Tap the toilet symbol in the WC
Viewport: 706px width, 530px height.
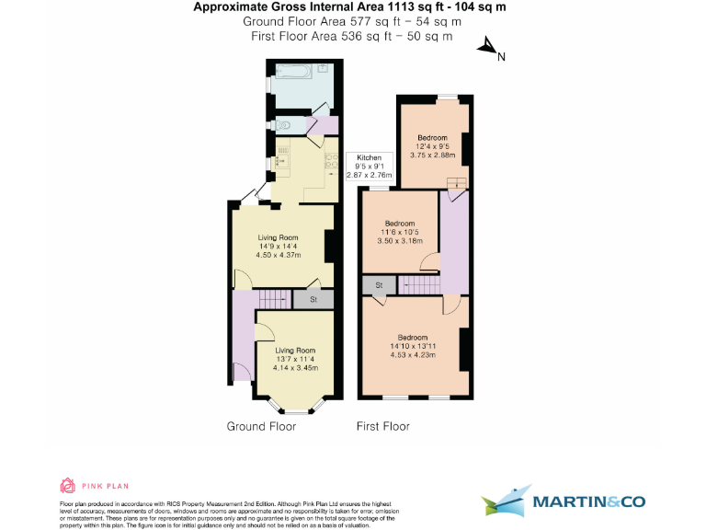(283, 123)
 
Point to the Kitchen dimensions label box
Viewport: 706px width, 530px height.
(369, 166)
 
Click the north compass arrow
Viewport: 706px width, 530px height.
(485, 47)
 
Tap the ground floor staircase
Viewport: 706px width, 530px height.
(272, 299)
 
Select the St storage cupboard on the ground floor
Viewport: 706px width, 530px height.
(313, 299)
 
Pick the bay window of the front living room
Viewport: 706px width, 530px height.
(295, 406)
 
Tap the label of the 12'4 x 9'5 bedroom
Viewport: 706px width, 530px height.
(432, 138)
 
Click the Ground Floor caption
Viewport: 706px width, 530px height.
(261, 426)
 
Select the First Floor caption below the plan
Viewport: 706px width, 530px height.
(383, 426)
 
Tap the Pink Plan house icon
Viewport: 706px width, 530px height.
(66, 486)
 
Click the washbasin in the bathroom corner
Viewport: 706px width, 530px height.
(324, 68)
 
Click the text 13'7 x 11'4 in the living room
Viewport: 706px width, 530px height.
(295, 359)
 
